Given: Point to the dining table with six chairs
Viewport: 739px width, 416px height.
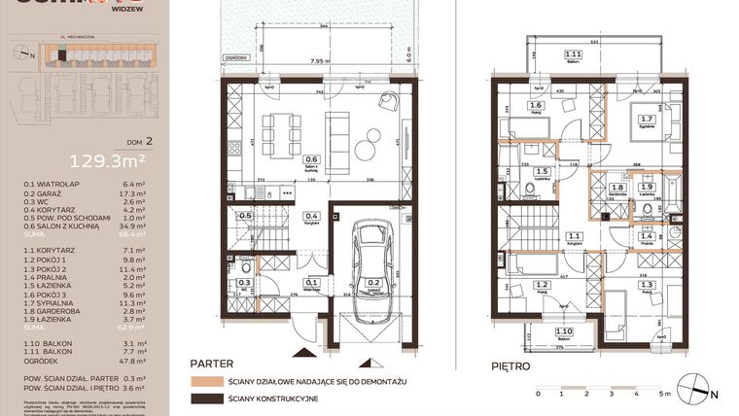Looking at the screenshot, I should point(283,127).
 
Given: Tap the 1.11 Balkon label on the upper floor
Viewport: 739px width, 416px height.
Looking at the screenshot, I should point(574,55).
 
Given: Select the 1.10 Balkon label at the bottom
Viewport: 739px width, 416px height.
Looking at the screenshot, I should point(563,332).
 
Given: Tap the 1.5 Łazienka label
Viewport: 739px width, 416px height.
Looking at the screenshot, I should point(542,171).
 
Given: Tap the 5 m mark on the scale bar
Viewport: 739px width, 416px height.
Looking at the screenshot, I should point(663,394).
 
